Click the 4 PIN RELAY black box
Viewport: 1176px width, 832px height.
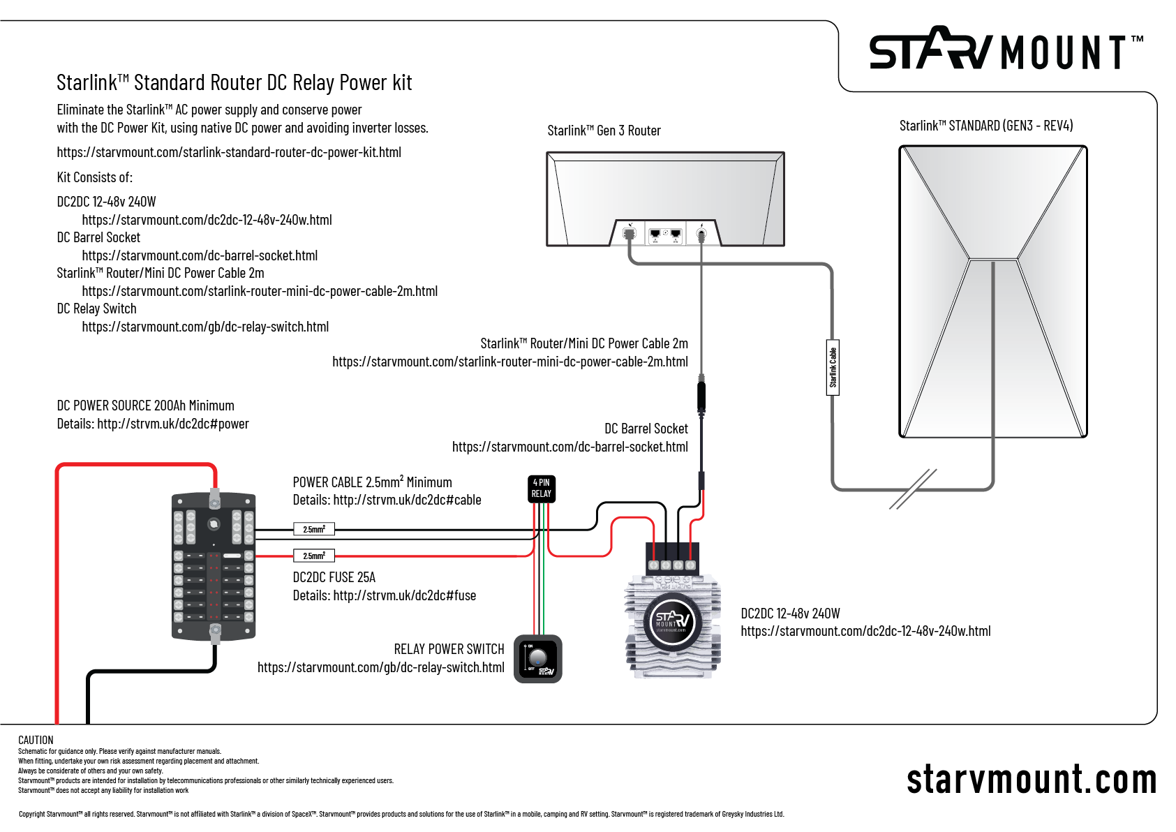click(541, 489)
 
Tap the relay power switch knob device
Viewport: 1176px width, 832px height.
click(537, 658)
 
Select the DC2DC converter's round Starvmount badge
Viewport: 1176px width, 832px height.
click(671, 621)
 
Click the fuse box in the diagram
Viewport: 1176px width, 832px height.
click(214, 566)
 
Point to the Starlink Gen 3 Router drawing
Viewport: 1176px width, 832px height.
click(665, 199)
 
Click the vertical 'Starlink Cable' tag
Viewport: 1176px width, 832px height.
click(833, 367)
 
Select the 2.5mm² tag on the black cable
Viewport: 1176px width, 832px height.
click(314, 529)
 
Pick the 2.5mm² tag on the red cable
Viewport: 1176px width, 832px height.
click(314, 556)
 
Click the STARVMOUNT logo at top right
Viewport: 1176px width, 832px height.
click(1005, 50)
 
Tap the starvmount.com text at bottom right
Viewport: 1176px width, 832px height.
click(1031, 779)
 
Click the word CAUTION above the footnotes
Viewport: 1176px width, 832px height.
click(36, 740)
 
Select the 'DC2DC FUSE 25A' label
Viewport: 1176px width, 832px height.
click(334, 577)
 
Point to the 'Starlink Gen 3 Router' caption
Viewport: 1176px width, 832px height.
click(604, 131)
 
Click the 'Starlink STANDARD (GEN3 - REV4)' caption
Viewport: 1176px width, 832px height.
click(985, 126)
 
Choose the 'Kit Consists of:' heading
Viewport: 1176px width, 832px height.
click(95, 177)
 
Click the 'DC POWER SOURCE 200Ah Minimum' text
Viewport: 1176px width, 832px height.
click(145, 406)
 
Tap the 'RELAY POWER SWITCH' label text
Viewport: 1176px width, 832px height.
click(449, 649)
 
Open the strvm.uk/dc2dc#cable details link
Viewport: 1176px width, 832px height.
click(407, 500)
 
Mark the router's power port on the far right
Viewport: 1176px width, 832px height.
click(701, 235)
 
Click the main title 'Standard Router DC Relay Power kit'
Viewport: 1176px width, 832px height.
click(235, 82)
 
